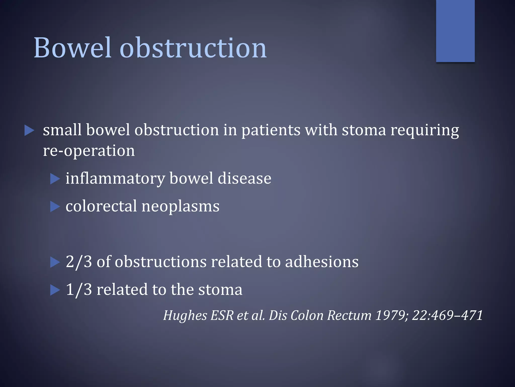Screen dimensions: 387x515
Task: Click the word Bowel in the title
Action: point(72,48)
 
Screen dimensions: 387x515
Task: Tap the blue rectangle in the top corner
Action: point(455,31)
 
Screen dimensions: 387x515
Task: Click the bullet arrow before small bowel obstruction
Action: point(29,131)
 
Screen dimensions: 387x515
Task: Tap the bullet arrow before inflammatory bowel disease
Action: point(55,179)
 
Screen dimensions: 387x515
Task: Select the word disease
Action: point(244,178)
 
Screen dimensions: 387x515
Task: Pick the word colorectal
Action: point(101,206)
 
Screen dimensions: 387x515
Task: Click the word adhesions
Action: point(322,262)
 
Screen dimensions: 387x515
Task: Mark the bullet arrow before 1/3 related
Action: point(55,290)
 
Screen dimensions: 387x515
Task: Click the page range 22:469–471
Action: point(447,315)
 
